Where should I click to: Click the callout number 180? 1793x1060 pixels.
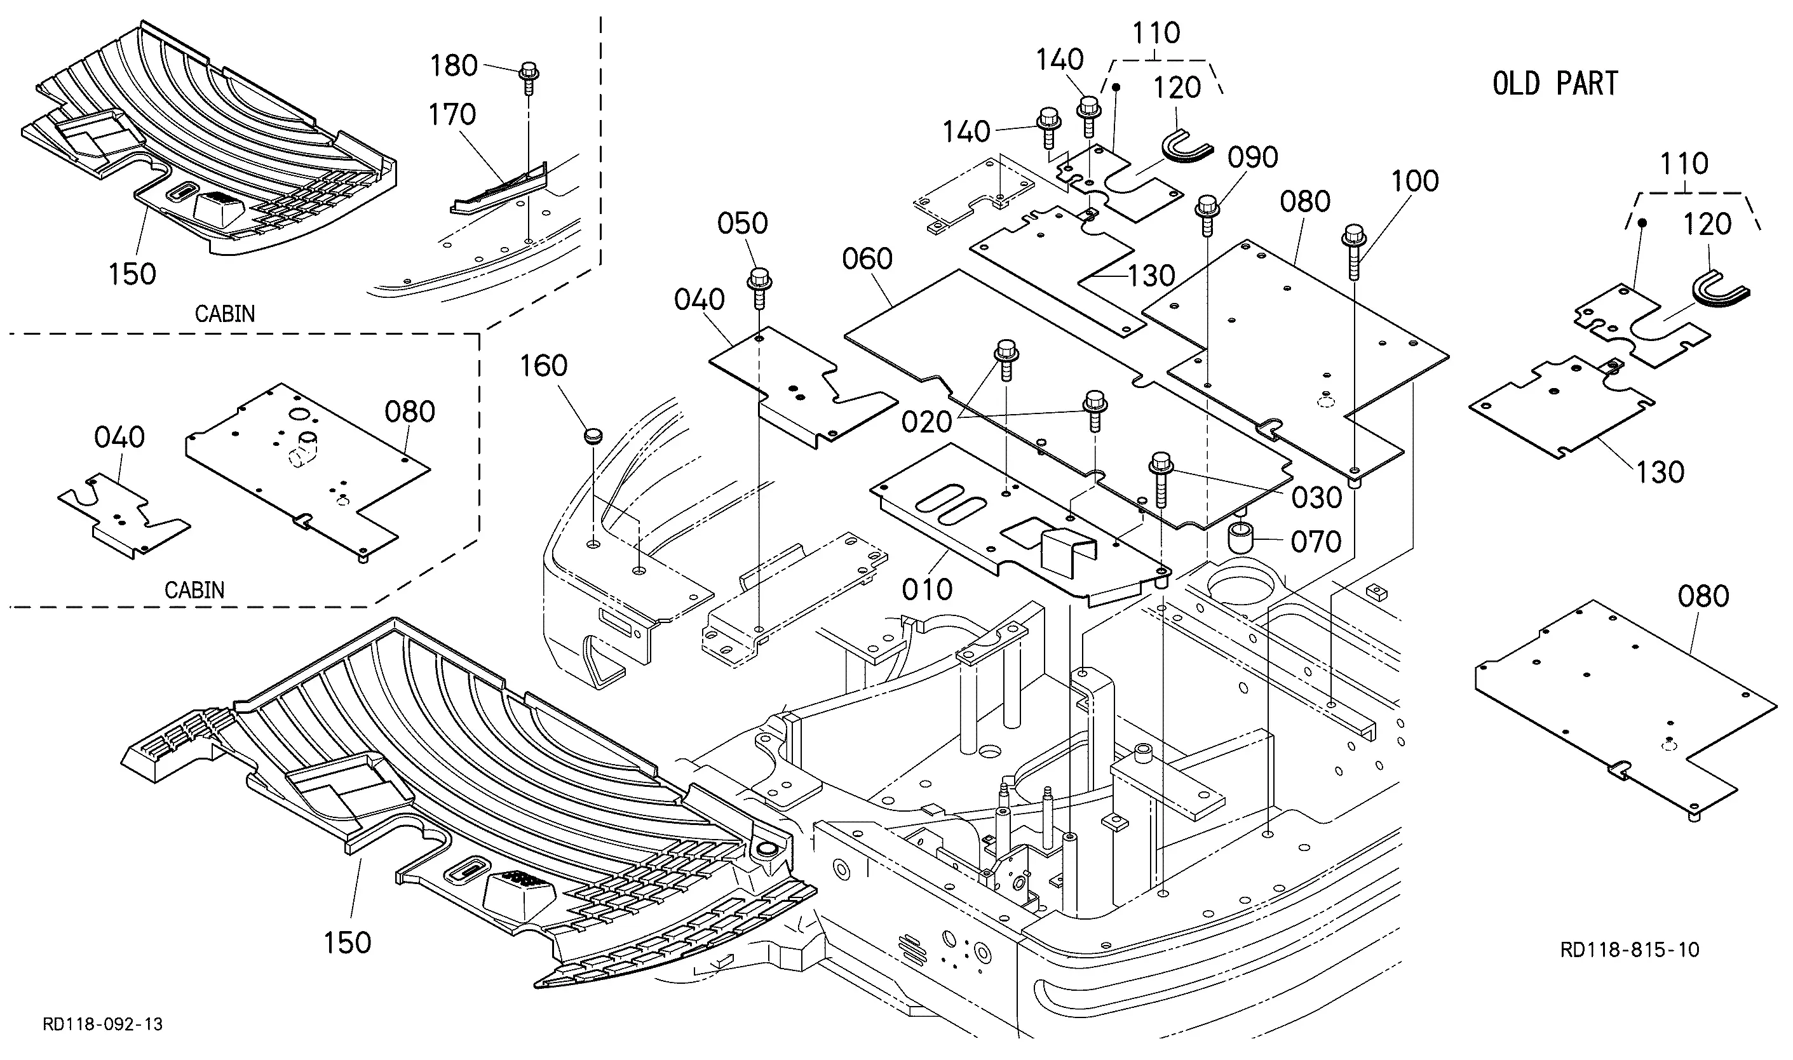453,65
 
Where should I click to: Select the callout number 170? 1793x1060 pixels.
452,114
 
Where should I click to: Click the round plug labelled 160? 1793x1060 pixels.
593,435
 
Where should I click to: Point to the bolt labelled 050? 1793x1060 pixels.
759,288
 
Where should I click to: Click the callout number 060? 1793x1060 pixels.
867,258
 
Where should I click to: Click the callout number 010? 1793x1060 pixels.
926,590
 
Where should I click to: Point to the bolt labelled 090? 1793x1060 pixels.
1207,215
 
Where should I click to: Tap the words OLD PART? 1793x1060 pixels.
1555,84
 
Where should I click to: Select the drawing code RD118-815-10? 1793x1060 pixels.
1630,950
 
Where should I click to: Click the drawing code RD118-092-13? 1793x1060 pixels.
103,1025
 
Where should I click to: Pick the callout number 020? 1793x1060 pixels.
926,423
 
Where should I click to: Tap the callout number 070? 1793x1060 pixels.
1316,542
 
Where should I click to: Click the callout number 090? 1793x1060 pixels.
1253,157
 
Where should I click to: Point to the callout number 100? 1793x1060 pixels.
1415,182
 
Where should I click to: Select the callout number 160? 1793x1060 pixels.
544,366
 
